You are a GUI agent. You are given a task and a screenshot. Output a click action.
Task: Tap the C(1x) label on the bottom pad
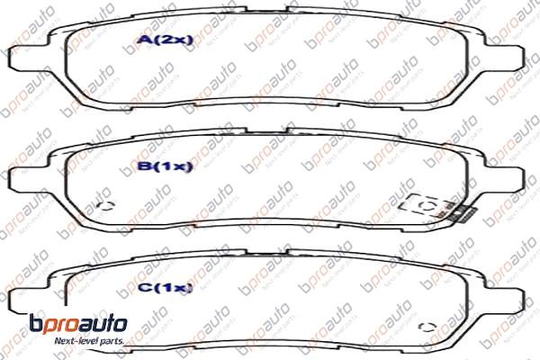(162, 287)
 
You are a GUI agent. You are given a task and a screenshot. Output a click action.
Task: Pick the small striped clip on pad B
(462, 214)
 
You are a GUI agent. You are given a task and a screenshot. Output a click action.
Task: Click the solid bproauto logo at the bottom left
(79, 325)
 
